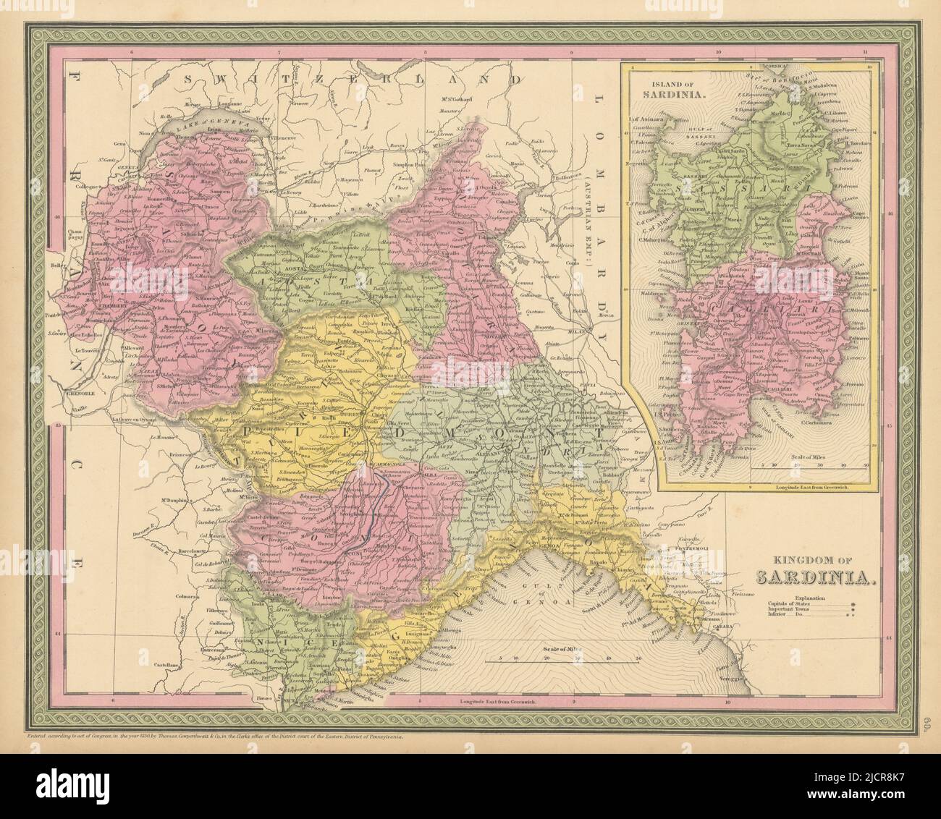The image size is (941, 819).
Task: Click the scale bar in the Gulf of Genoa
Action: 565,660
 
